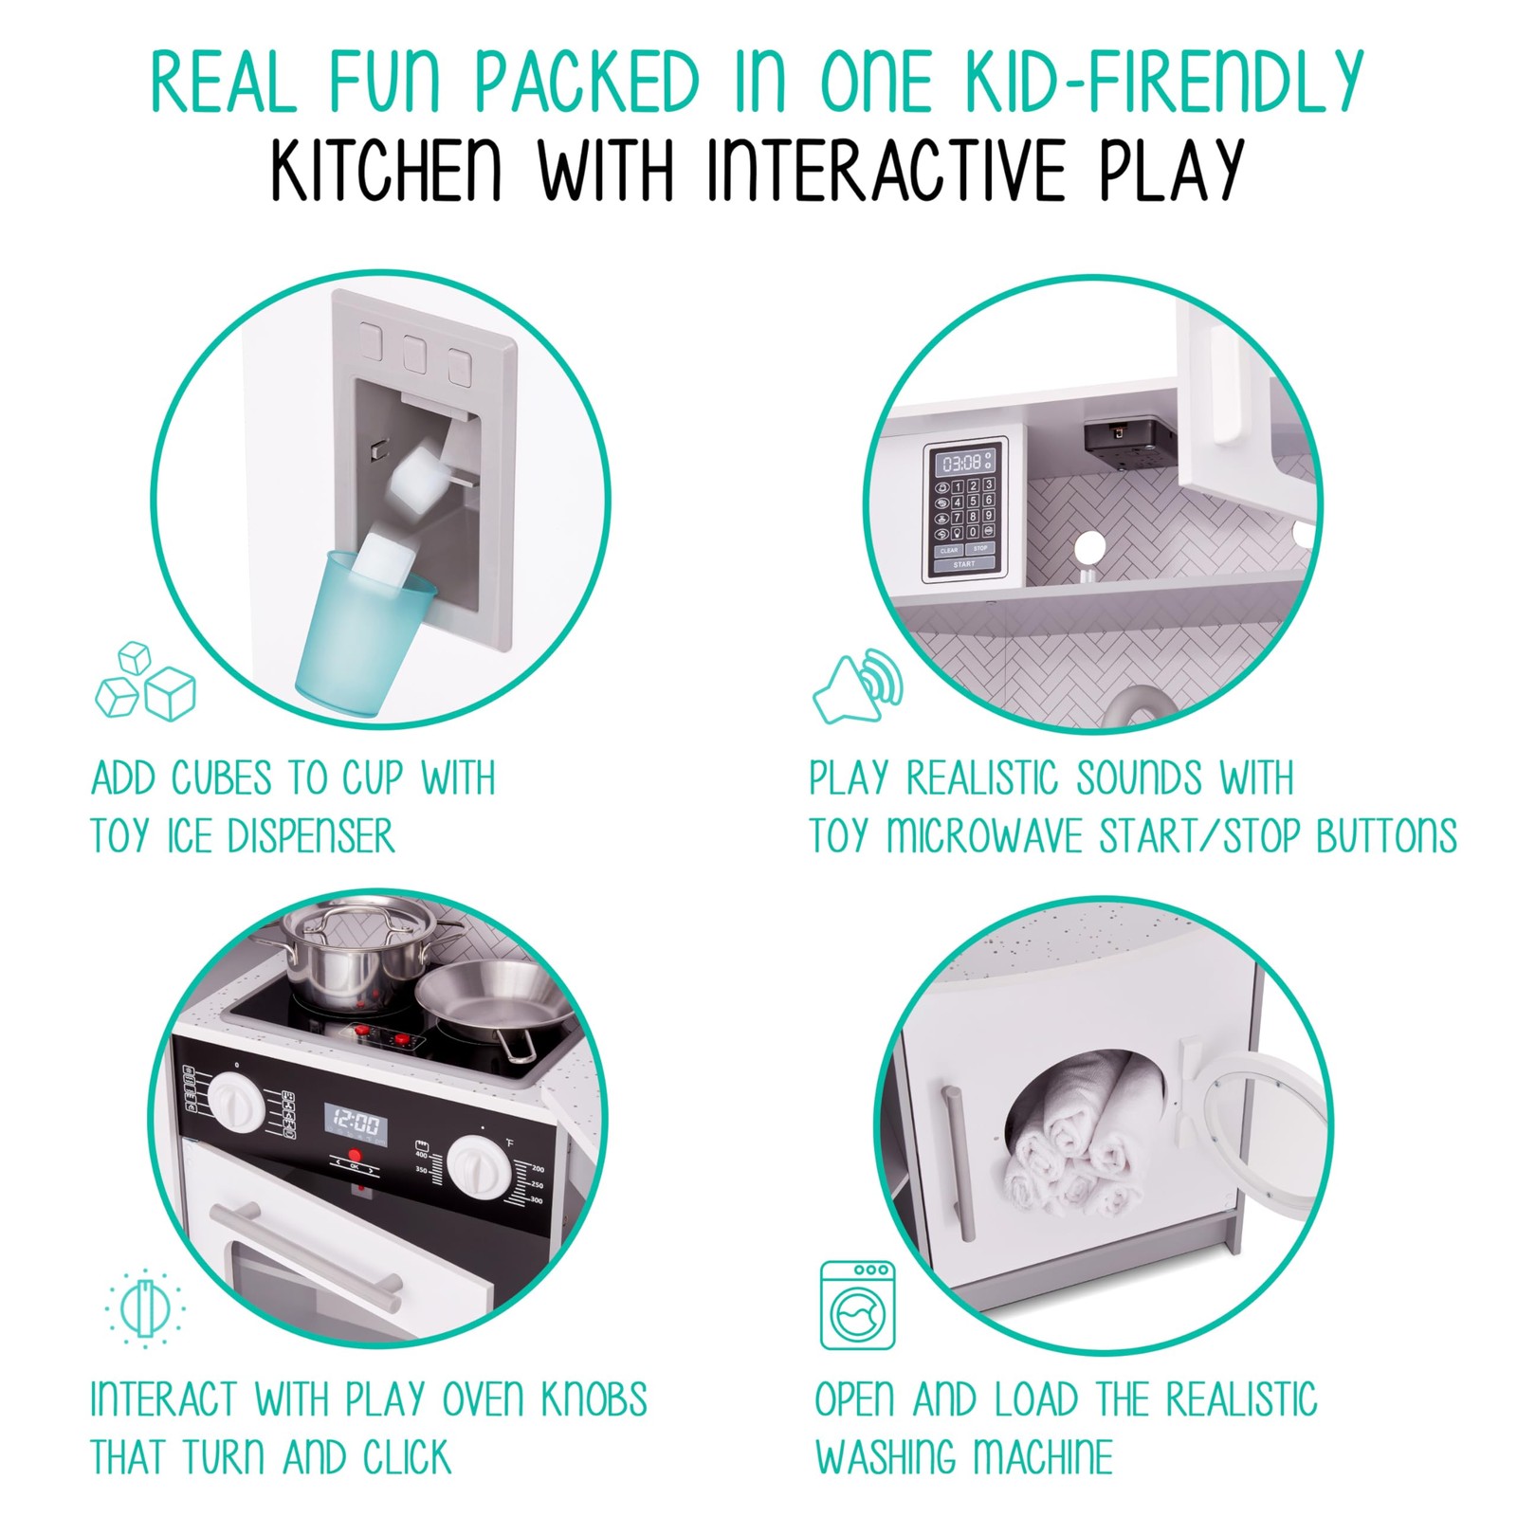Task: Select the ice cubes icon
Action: point(145,681)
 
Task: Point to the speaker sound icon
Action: point(858,685)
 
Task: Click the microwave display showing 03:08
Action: point(962,463)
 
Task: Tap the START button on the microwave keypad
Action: point(964,564)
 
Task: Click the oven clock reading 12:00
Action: point(356,1124)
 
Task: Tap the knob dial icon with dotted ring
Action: point(145,1307)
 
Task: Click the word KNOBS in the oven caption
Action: point(594,1399)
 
